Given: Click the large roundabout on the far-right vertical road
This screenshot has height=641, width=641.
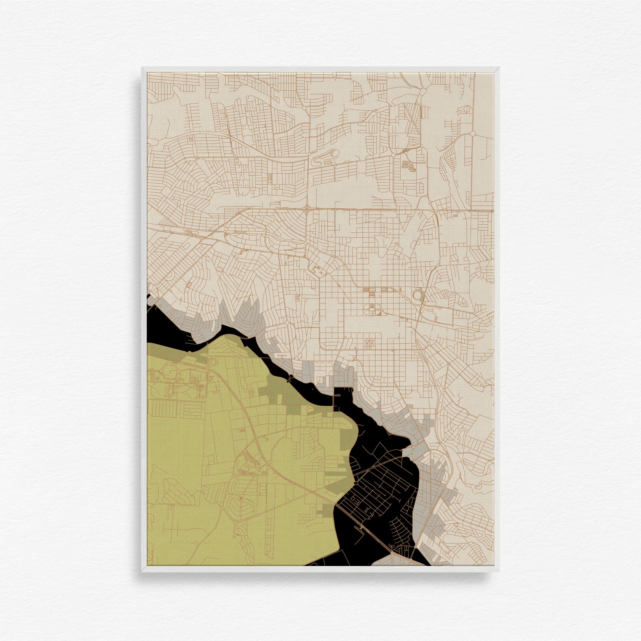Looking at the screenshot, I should (x=473, y=133).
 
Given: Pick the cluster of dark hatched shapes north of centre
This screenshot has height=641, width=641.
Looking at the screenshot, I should (x=409, y=166).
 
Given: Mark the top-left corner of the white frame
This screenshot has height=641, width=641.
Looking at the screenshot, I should (x=142, y=68).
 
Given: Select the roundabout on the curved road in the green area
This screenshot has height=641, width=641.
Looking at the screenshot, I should (x=286, y=430).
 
